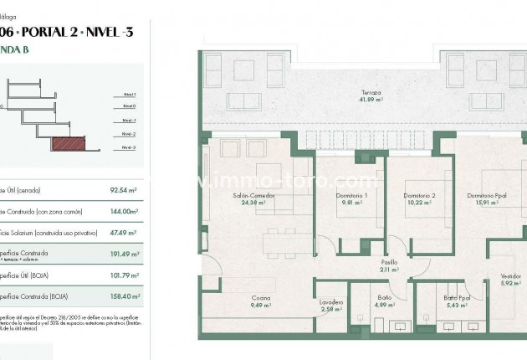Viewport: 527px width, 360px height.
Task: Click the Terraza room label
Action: (371, 93)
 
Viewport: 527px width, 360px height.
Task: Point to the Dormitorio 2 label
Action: (419, 196)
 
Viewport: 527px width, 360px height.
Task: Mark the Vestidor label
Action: (509, 276)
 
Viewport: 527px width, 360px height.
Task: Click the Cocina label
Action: (260, 298)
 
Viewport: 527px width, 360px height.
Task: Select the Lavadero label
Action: (332, 302)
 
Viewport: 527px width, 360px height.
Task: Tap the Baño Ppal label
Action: (457, 298)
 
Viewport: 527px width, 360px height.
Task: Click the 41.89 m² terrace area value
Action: (371, 100)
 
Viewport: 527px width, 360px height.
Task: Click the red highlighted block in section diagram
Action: (69, 144)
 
